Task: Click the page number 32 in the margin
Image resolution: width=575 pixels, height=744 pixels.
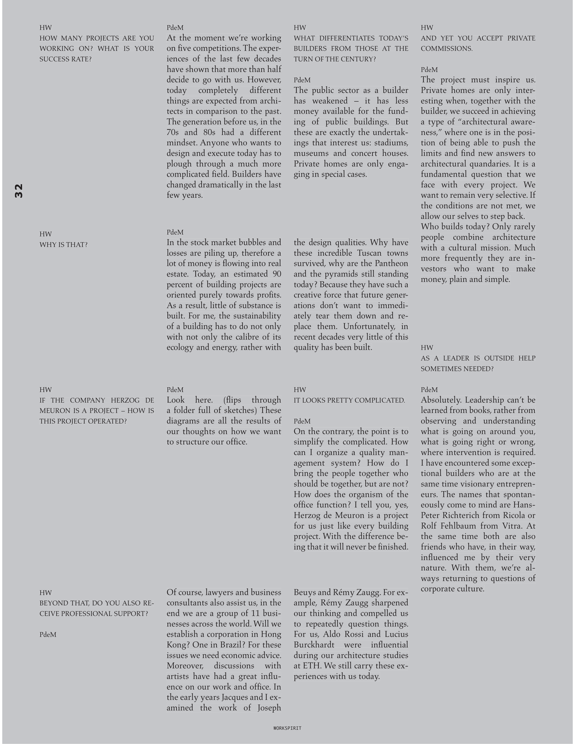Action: pyautogui.click(x=19, y=191)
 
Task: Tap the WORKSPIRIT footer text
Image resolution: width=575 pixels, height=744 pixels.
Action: pyautogui.click(x=287, y=728)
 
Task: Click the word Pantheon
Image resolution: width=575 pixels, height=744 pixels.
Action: pyautogui.click(x=391, y=263)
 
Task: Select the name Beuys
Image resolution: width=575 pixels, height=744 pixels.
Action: pyautogui.click(x=304, y=592)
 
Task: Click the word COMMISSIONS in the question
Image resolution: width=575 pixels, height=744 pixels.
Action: pyautogui.click(x=446, y=48)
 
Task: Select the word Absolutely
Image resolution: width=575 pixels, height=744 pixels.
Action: pyautogui.click(x=440, y=400)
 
